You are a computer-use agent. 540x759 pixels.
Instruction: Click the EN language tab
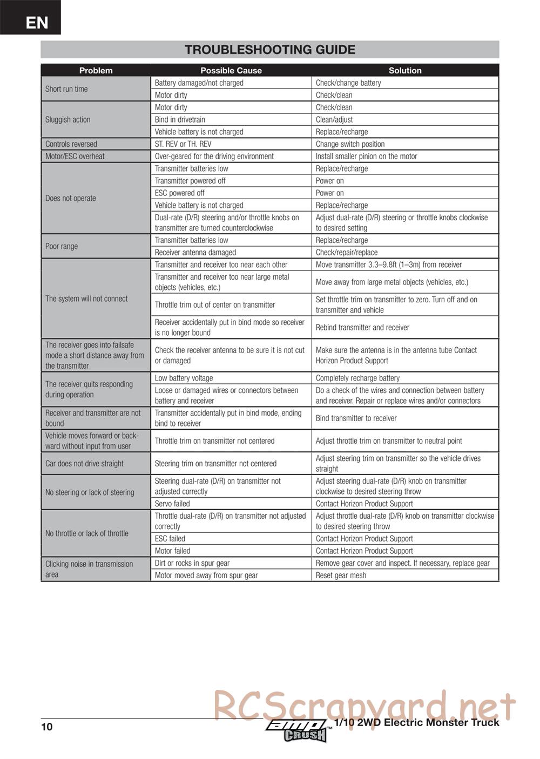36,22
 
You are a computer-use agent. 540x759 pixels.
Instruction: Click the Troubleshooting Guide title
269,50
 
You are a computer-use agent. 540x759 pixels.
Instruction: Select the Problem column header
96,70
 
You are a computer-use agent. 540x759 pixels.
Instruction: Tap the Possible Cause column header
231,70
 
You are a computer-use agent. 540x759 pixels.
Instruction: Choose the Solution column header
405,70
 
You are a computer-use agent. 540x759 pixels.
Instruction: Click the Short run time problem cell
66,89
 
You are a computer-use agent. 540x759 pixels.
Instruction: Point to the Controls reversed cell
71,144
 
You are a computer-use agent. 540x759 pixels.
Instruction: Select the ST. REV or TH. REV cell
183,144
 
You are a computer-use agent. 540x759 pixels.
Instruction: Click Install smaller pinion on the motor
366,157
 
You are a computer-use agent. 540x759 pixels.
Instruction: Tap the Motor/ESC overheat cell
75,157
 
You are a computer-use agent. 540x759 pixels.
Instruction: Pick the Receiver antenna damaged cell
195,253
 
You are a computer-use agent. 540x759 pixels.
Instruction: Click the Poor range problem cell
62,246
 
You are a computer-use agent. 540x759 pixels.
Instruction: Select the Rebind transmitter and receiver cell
362,328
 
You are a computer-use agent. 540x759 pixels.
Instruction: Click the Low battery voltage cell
184,378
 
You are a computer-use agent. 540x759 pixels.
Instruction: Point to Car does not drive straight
84,464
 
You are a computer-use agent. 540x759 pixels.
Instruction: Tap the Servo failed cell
172,504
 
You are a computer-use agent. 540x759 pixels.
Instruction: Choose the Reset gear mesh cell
341,575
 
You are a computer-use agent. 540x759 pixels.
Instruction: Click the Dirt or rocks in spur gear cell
192,563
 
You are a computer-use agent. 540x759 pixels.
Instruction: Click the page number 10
47,727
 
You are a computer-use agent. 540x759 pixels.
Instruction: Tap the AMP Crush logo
298,730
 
